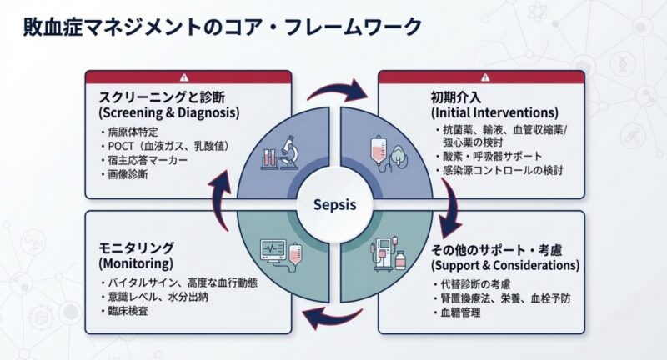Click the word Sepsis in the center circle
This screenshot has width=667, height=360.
333,204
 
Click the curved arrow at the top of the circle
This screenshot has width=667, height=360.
338,88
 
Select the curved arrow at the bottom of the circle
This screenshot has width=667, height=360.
331,318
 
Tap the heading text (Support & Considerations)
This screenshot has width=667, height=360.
504,266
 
